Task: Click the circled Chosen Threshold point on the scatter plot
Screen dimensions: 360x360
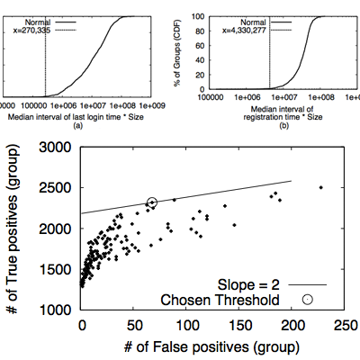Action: [x=152, y=202]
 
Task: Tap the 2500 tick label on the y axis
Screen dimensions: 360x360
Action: [x=55, y=188]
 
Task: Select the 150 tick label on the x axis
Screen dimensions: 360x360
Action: [x=241, y=326]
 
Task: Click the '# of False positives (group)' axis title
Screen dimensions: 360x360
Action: [x=211, y=347]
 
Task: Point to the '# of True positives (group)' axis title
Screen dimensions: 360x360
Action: [x=13, y=229]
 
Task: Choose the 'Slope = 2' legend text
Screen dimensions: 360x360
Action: [x=248, y=284]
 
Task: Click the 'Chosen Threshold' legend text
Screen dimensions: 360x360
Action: [x=220, y=300]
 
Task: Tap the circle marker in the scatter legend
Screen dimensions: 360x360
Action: [x=308, y=300]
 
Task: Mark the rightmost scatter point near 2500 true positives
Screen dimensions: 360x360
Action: [x=321, y=187]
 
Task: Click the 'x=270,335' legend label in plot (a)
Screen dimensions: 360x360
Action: [x=31, y=30]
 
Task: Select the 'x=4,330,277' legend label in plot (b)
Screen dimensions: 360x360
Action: [x=244, y=31]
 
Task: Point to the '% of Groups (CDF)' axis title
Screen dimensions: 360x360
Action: [x=177, y=53]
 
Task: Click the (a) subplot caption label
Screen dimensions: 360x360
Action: [x=78, y=126]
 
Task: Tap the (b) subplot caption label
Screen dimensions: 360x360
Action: [x=283, y=126]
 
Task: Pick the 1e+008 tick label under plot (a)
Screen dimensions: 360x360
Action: [x=122, y=106]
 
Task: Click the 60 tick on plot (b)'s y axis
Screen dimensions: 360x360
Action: [x=200, y=46]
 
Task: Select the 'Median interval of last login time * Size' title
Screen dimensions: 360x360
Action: [x=76, y=117]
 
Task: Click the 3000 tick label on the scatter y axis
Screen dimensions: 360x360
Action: [x=55, y=148]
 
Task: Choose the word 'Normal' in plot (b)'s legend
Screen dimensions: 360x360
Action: [x=253, y=22]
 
